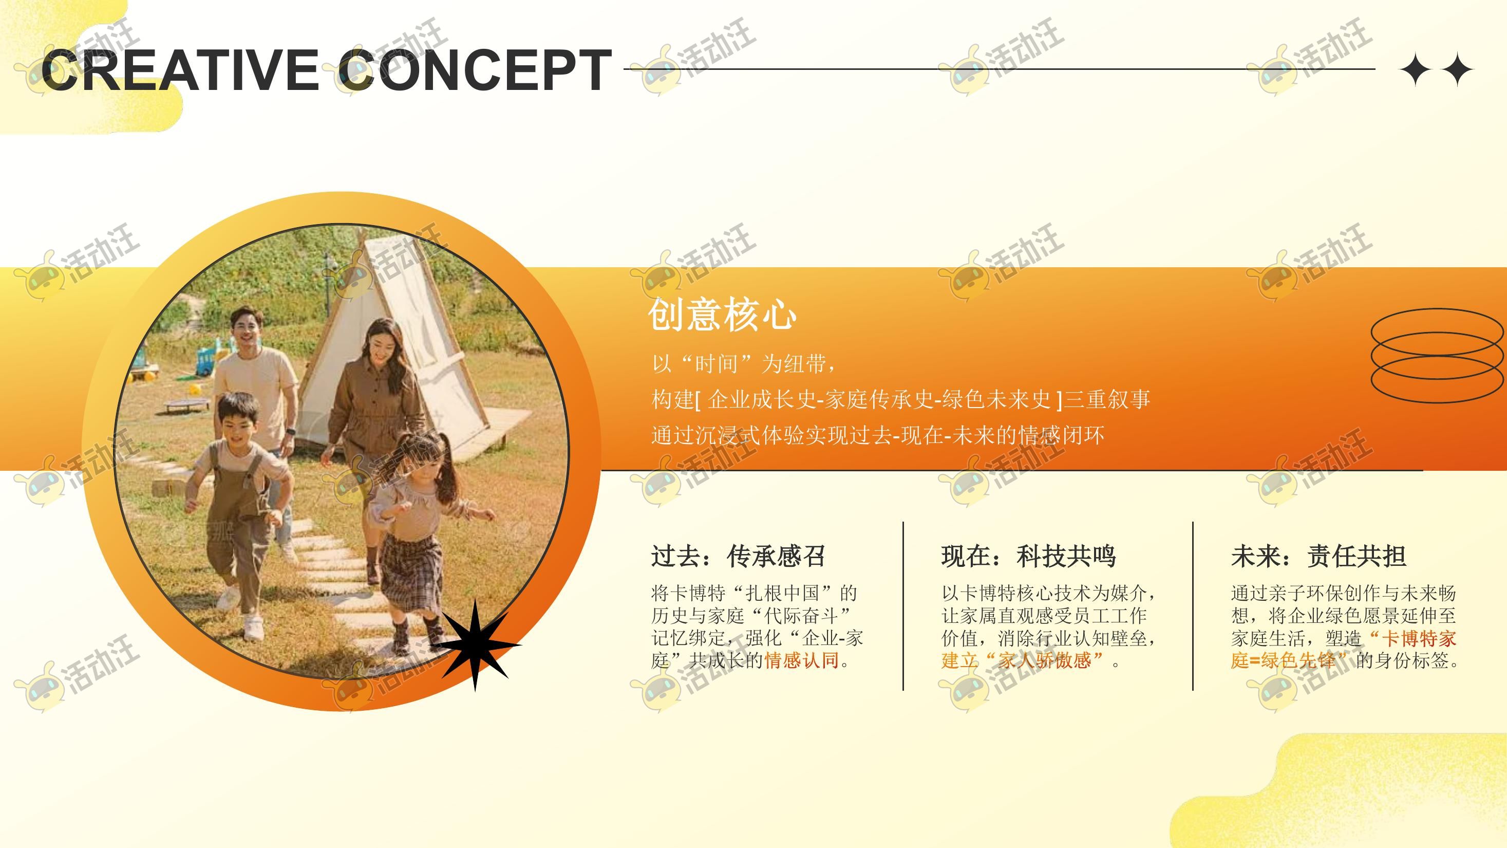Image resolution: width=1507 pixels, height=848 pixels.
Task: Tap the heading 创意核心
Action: click(x=723, y=314)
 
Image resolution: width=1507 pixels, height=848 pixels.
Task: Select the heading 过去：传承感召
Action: click(x=738, y=556)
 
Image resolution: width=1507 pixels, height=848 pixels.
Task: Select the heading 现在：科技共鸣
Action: click(x=1028, y=556)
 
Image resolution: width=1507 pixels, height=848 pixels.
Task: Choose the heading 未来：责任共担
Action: click(x=1318, y=556)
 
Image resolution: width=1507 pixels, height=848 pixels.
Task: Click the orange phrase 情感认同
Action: click(x=802, y=660)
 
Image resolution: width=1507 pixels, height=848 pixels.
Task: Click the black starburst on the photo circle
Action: click(x=475, y=645)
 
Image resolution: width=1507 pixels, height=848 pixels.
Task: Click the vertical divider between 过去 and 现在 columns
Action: click(x=903, y=606)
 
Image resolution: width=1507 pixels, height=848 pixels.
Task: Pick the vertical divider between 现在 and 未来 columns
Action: click(x=1193, y=606)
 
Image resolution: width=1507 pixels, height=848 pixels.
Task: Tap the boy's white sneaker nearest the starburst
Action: click(x=253, y=628)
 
